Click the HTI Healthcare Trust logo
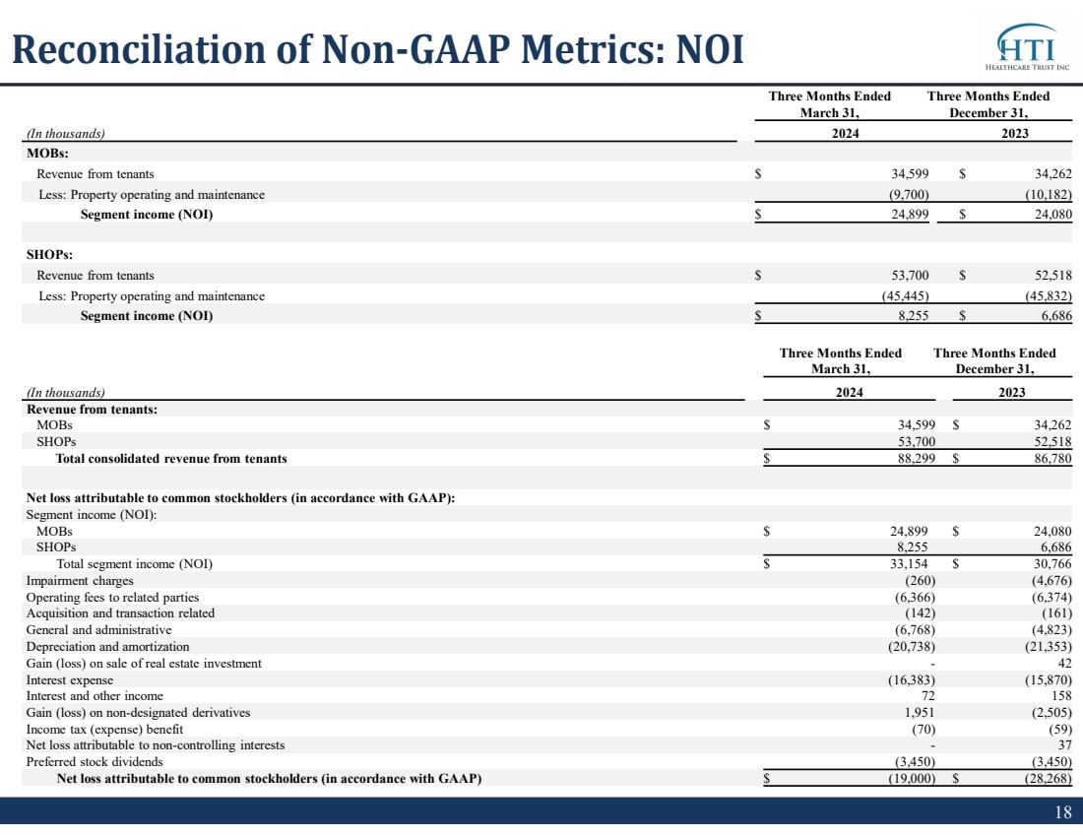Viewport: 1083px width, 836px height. coord(1027,47)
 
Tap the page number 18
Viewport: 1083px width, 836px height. coord(1063,811)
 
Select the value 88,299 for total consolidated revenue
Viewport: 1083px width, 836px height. coord(916,458)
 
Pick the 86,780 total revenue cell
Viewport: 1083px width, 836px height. coord(1052,458)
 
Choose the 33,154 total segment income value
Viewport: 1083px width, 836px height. coord(909,564)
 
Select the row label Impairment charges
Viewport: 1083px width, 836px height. coord(80,580)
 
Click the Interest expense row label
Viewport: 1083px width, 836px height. coord(70,679)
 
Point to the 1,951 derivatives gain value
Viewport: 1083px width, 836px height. coord(920,712)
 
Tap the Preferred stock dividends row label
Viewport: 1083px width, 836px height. coord(95,761)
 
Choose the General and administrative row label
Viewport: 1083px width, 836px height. coord(98,629)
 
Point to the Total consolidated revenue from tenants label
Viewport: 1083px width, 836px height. coord(171,458)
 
